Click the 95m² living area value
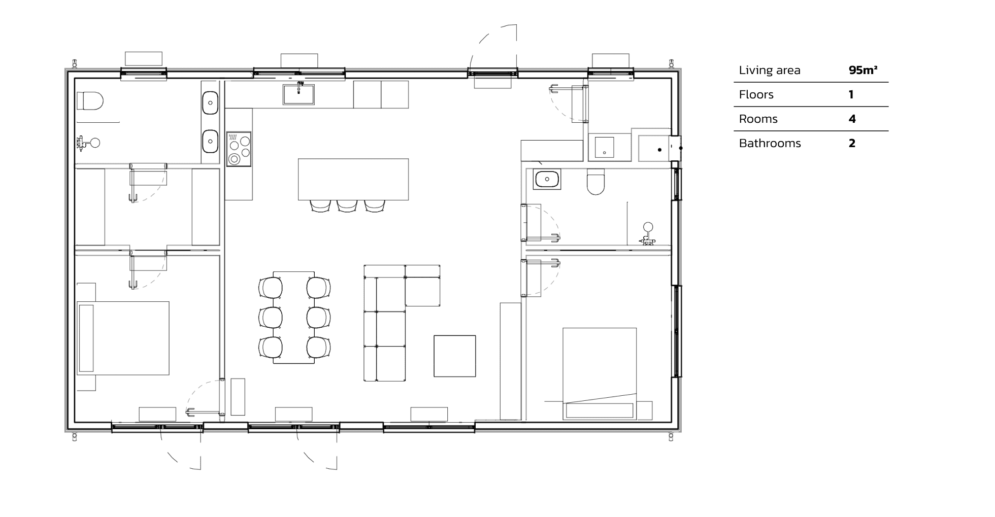pyautogui.click(x=863, y=70)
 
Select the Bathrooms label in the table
pyautogui.click(x=770, y=144)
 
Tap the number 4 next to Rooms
pyautogui.click(x=852, y=119)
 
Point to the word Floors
pyautogui.click(x=756, y=95)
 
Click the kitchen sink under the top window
pyautogui.click(x=298, y=94)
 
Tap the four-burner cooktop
pyautogui.click(x=239, y=148)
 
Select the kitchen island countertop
pyautogui.click(x=353, y=179)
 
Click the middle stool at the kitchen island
pyautogui.click(x=347, y=205)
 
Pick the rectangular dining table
pyautogui.click(x=293, y=318)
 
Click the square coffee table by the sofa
pyautogui.click(x=454, y=356)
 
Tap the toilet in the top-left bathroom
pyautogui.click(x=90, y=100)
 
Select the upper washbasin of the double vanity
pyautogui.click(x=210, y=103)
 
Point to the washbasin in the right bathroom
pyautogui.click(x=547, y=179)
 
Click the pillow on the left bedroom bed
pyautogui.click(x=86, y=338)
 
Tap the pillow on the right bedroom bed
pyautogui.click(x=599, y=410)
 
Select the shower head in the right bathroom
pyautogui.click(x=648, y=227)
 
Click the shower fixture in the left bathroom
pyautogui.click(x=94, y=143)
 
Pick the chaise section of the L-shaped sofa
pyautogui.click(x=422, y=291)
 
